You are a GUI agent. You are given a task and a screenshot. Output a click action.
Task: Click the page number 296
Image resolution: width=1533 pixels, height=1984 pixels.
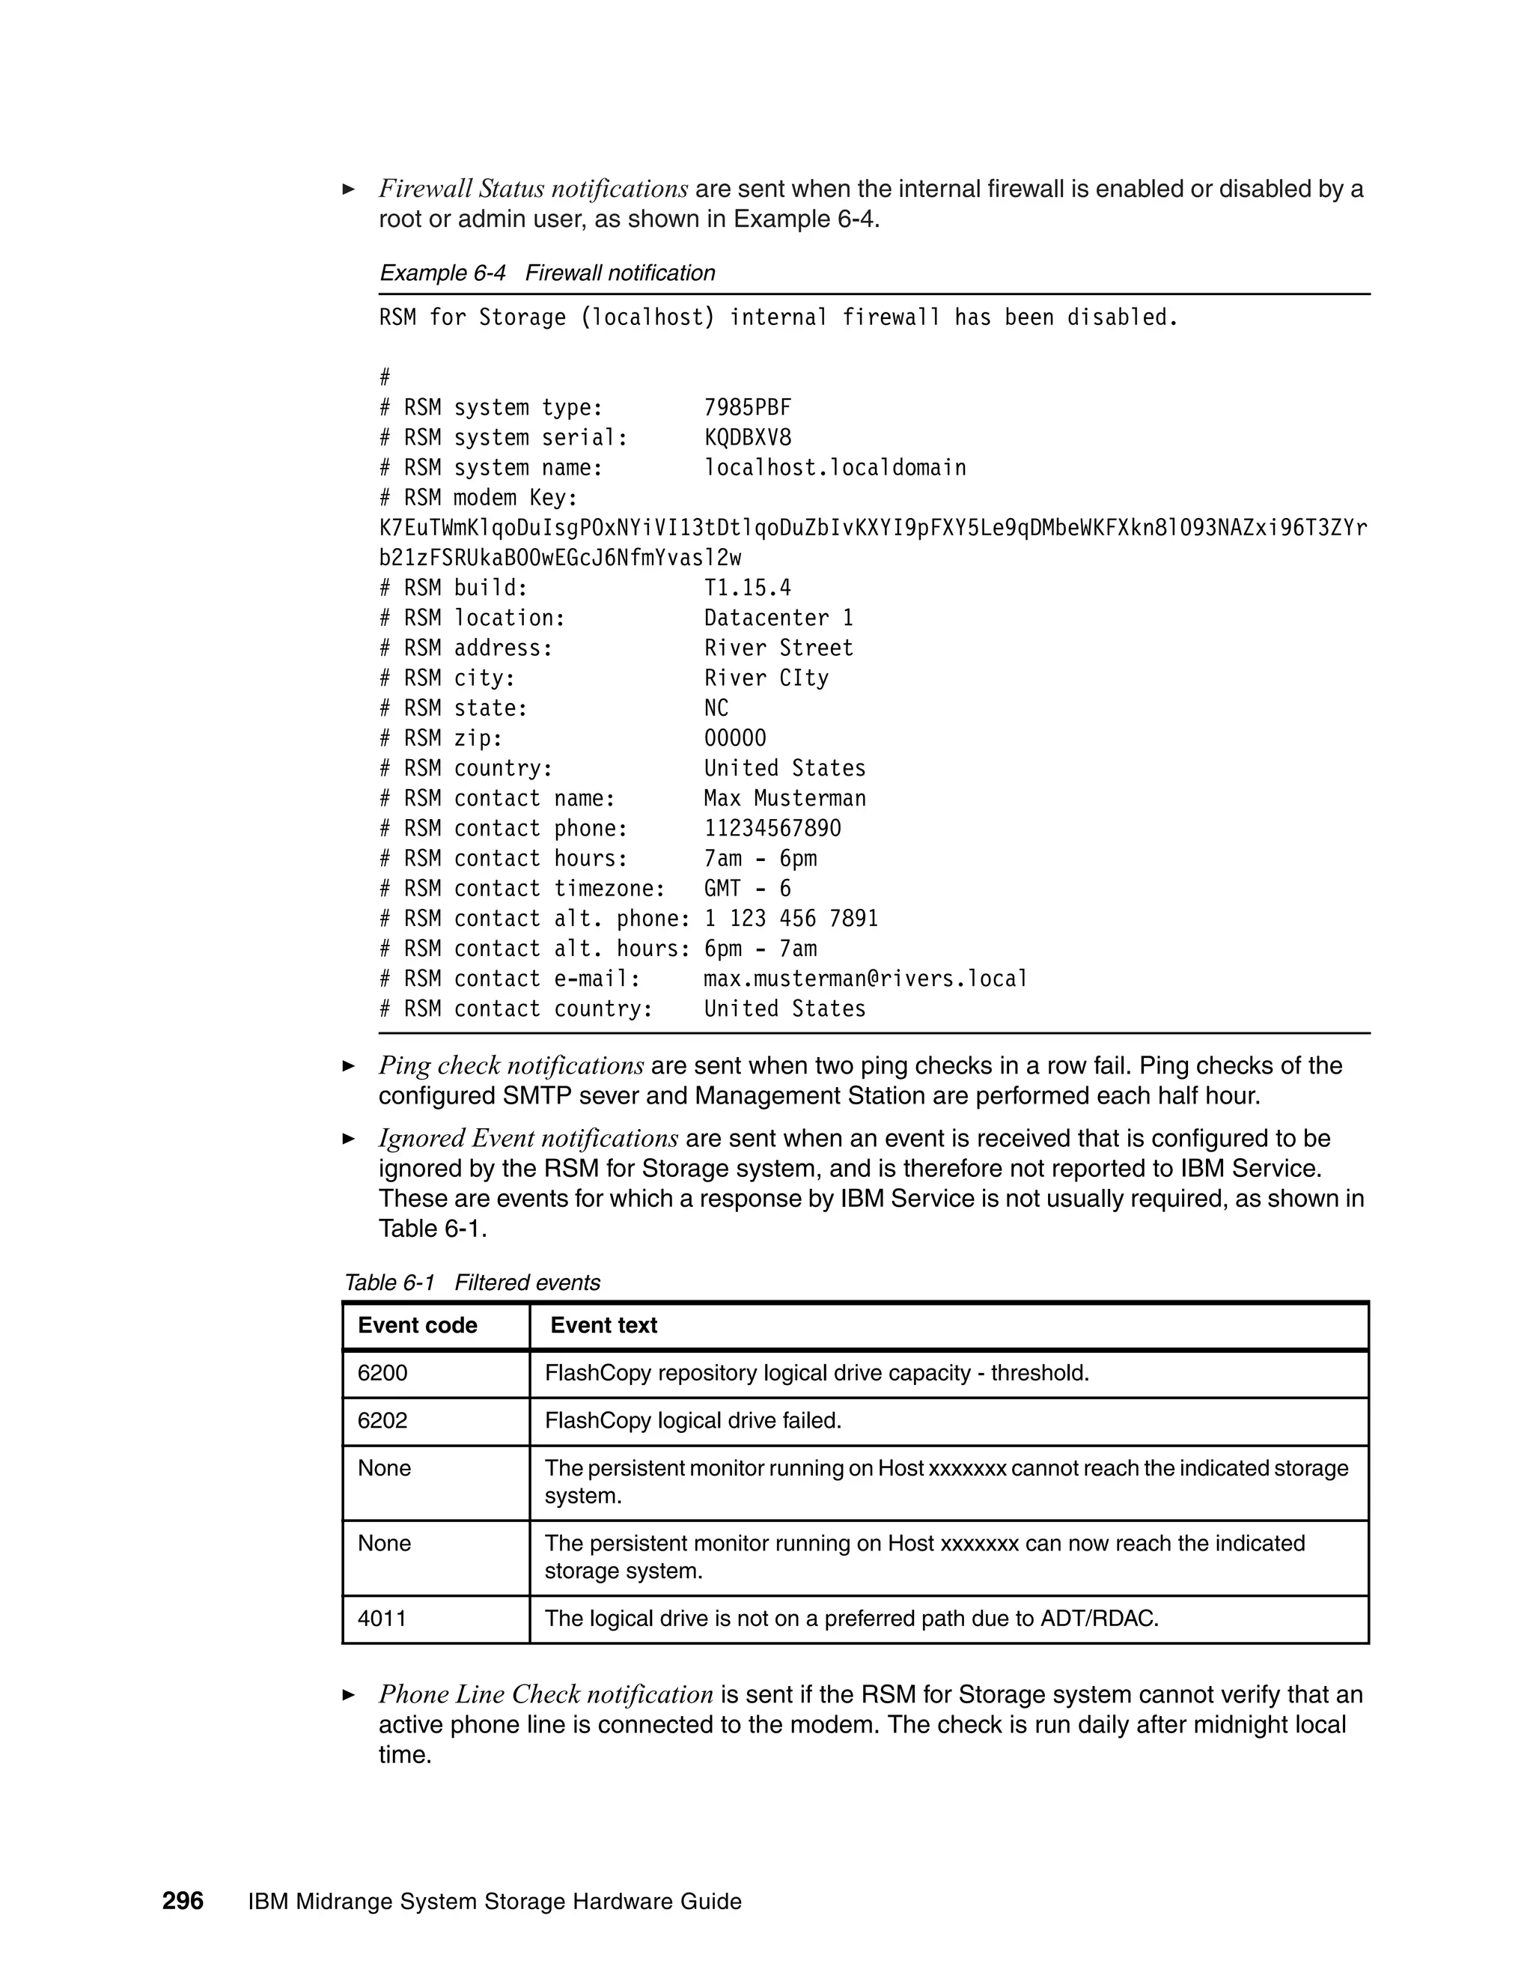point(183,1900)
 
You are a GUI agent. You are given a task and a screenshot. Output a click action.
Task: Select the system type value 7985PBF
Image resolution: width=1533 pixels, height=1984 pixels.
point(748,408)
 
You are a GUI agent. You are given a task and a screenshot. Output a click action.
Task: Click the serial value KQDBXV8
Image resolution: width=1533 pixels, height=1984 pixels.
point(748,438)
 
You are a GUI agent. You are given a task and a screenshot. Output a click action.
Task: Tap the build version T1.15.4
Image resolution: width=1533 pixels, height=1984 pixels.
point(748,588)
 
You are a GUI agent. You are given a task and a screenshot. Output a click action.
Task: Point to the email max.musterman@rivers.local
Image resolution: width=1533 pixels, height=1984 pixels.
point(865,979)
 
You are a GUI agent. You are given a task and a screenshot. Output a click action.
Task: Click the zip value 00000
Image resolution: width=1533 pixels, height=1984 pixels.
point(735,737)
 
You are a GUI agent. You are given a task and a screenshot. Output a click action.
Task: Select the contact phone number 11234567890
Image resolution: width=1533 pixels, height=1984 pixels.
point(772,829)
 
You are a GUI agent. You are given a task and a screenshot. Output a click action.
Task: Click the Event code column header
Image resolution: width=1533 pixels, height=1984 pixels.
point(417,1325)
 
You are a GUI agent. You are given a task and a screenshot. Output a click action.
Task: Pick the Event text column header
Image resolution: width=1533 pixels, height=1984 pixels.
point(603,1325)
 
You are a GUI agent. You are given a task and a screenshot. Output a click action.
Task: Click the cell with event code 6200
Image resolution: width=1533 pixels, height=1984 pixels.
point(383,1372)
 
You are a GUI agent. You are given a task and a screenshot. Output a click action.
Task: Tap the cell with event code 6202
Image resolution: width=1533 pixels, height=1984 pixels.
point(383,1421)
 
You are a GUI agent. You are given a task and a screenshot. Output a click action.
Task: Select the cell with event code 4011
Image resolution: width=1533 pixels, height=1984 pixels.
point(383,1618)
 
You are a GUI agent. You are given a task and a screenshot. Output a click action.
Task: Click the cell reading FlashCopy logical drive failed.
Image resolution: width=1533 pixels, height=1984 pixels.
point(693,1421)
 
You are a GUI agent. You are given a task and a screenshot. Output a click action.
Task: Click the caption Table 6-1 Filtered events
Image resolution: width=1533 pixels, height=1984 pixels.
point(472,1282)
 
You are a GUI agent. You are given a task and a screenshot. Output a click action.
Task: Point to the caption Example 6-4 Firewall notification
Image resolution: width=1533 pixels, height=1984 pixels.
point(546,273)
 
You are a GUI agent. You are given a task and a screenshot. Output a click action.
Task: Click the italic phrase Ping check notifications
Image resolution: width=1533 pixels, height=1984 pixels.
point(511,1065)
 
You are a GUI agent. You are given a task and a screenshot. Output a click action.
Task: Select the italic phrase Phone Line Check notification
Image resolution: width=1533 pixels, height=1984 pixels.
point(546,1695)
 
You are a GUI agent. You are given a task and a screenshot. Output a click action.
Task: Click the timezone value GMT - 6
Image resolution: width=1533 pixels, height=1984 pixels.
point(748,889)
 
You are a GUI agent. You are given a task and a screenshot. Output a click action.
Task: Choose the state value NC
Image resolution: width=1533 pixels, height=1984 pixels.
point(716,708)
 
